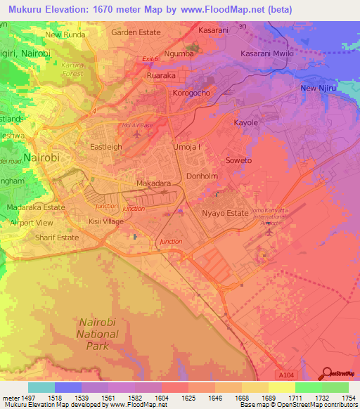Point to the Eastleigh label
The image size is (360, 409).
(106, 147)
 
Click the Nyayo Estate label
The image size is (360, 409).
(226, 213)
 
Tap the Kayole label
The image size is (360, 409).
(246, 122)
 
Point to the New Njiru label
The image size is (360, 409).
(316, 88)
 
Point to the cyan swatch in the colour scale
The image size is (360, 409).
(41, 387)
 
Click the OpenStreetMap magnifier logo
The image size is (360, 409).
(327, 373)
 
